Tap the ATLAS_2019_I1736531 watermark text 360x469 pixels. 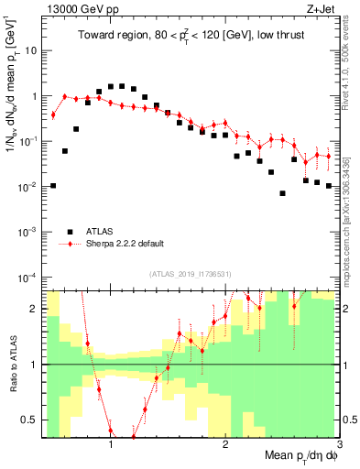tap(191, 274)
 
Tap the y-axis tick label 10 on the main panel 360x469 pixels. tap(31, 51)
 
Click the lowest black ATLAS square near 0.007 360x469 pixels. tap(282, 193)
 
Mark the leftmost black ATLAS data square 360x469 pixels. tap(53, 186)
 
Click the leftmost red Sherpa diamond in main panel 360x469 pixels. tap(53, 115)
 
